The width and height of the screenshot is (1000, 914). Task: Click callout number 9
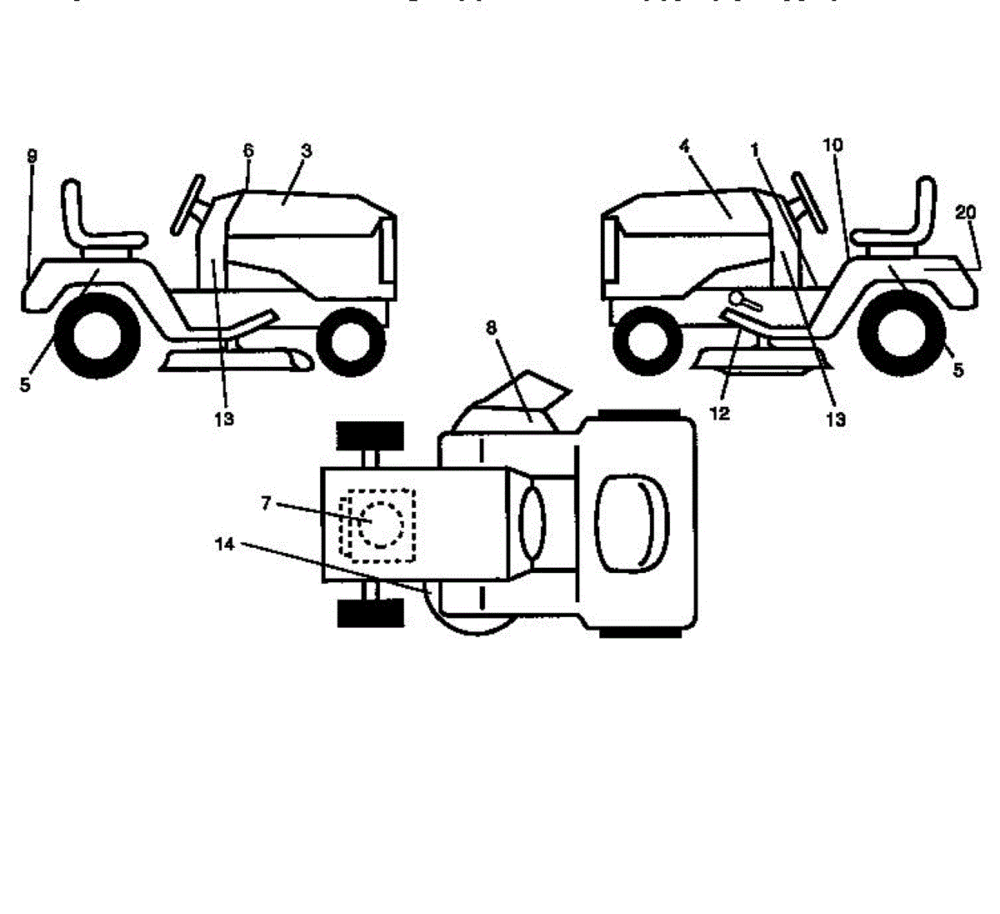[31, 156]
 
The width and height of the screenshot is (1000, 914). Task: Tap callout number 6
[248, 151]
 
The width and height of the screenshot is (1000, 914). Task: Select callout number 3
[307, 151]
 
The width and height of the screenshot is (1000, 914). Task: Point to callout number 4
[684, 146]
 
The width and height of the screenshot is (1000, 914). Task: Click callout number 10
[832, 145]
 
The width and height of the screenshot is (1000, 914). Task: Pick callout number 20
[966, 213]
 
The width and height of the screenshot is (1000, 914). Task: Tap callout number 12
[719, 412]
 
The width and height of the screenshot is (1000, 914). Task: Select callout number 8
[491, 328]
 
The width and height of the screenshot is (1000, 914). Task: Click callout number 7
[266, 503]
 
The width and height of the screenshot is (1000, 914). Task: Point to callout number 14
[224, 545]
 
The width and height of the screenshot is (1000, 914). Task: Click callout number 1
[755, 150]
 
